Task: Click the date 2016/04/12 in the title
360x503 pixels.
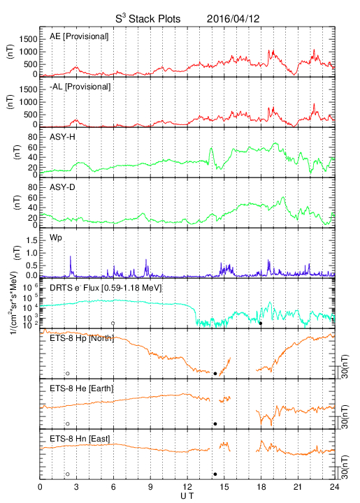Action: click(x=233, y=19)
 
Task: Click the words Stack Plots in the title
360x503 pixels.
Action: click(x=154, y=19)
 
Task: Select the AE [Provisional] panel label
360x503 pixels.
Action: click(x=79, y=36)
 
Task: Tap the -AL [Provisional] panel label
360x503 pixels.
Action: click(x=80, y=87)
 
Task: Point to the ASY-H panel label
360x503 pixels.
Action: click(x=62, y=137)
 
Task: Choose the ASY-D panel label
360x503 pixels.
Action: click(x=62, y=187)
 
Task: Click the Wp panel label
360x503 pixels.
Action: click(x=55, y=238)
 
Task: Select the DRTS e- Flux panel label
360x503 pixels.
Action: click(x=106, y=288)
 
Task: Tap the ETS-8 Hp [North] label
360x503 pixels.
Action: click(x=82, y=338)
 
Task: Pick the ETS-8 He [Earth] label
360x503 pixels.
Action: click(x=82, y=388)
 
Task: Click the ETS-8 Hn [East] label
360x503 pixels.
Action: click(x=80, y=439)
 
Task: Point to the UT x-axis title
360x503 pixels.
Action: click(x=187, y=496)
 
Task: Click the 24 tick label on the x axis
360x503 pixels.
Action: click(x=334, y=487)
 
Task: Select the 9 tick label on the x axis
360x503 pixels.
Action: click(x=150, y=487)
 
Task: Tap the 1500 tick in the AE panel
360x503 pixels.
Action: click(x=28, y=39)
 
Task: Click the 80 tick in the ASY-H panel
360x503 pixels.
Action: click(x=33, y=138)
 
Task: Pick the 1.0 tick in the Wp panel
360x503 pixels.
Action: click(x=31, y=254)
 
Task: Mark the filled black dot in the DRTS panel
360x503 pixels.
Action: click(x=261, y=323)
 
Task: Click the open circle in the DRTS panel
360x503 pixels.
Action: click(x=113, y=323)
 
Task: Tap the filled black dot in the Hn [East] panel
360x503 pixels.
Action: click(x=215, y=474)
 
